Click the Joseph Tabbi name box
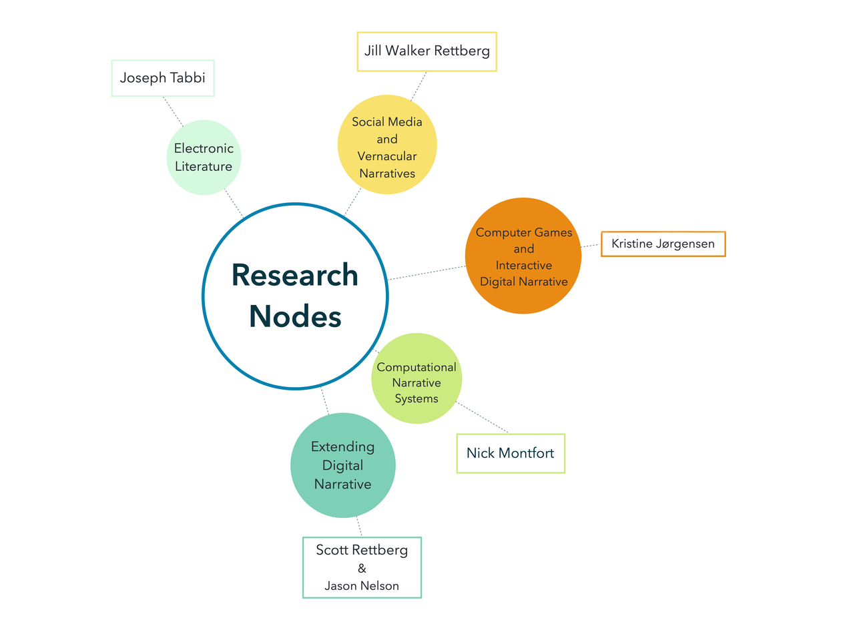coord(162,78)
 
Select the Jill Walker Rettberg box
coord(427,51)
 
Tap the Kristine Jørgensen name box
coord(663,244)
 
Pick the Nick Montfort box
coord(511,453)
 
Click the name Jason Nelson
coord(362,586)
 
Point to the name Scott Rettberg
coord(362,551)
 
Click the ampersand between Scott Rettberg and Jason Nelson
coord(362,569)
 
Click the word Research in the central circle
coord(295,275)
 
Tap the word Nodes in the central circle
coord(295,316)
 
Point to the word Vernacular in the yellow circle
coord(387,156)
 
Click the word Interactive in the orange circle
coord(523,265)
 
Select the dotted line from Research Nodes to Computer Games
coord(427,273)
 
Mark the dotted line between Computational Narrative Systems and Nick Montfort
coord(482,417)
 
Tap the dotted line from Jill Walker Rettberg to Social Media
coord(418,86)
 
